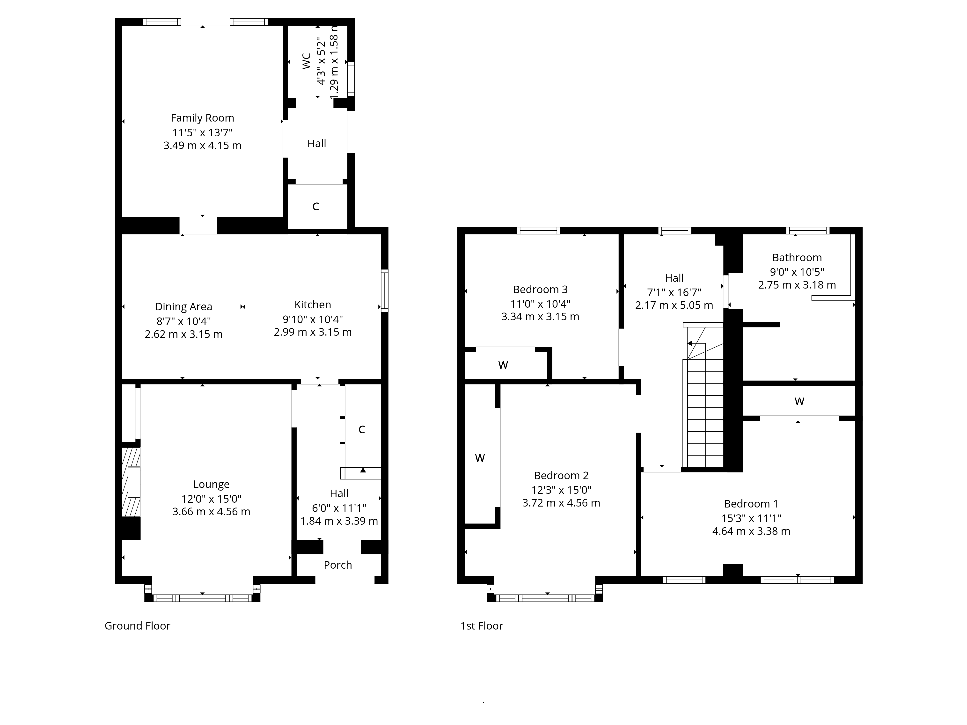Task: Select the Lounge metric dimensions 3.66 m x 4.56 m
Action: (x=211, y=512)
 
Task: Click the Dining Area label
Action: (x=183, y=307)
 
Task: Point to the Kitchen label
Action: (x=313, y=304)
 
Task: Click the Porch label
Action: (x=337, y=565)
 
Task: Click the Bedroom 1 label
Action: (x=751, y=504)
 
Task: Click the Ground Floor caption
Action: (x=137, y=626)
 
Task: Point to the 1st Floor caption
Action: (x=481, y=626)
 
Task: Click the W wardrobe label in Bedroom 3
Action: (x=503, y=365)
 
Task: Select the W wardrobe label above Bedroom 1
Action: (x=799, y=401)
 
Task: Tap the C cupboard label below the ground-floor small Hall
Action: (x=316, y=207)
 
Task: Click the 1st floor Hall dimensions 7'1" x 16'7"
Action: (x=674, y=292)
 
